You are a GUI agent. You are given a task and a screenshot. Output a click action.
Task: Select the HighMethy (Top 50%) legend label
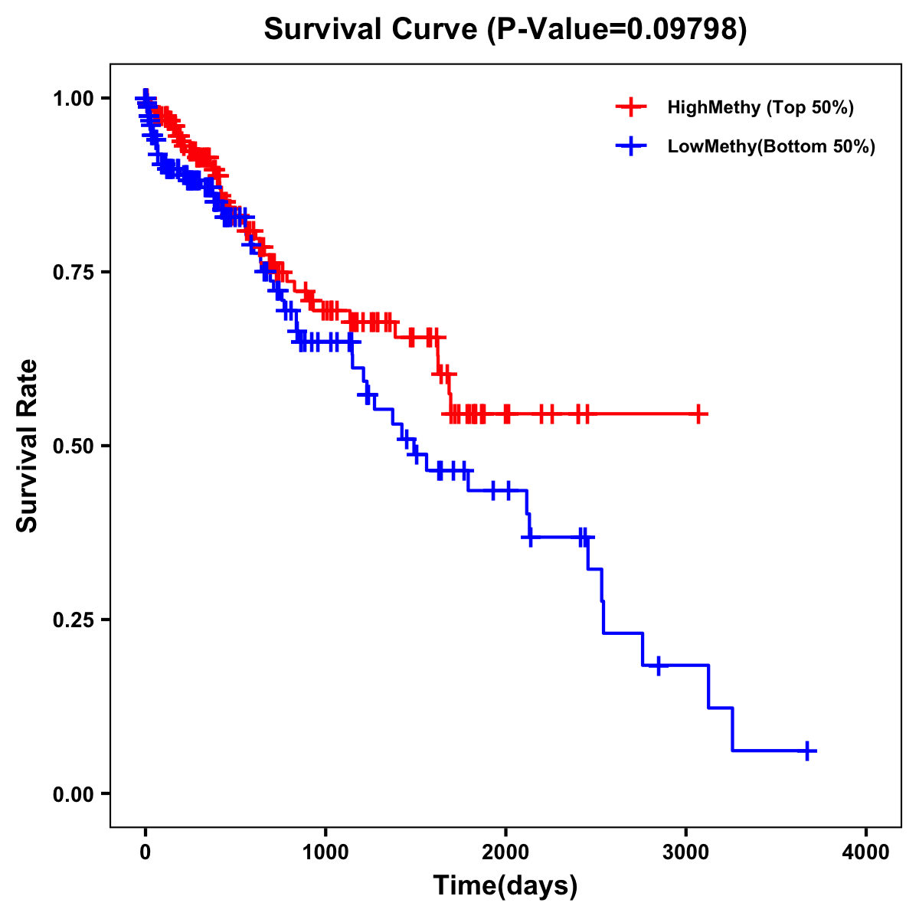click(x=760, y=107)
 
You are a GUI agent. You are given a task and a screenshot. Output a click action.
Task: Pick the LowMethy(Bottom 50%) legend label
click(x=771, y=146)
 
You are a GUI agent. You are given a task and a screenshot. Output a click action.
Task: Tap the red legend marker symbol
click(x=631, y=107)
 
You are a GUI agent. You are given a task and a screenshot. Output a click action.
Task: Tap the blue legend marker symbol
click(x=631, y=146)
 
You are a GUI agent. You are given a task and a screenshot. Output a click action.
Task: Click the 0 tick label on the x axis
click(x=146, y=852)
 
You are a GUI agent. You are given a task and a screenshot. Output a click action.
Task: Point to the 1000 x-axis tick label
click(x=325, y=852)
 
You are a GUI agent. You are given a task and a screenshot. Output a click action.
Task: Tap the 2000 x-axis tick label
click(x=505, y=852)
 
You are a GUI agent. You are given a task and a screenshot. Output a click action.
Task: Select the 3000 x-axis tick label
click(x=686, y=852)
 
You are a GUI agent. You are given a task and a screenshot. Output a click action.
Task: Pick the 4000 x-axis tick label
click(x=866, y=852)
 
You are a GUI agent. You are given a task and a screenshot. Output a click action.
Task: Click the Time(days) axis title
click(x=505, y=885)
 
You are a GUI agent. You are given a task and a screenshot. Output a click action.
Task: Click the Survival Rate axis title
click(x=28, y=445)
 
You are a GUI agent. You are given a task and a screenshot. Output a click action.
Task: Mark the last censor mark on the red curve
click(x=698, y=414)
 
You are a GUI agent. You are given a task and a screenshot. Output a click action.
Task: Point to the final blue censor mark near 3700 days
click(x=807, y=751)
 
